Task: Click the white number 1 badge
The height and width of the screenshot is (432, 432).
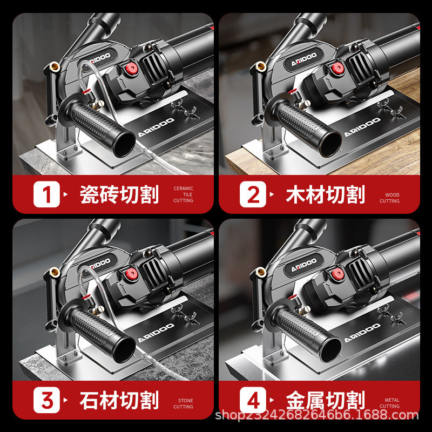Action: pyautogui.click(x=46, y=194)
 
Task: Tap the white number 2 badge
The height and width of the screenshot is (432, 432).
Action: pyautogui.click(x=253, y=194)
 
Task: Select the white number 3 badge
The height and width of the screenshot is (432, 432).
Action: pyautogui.click(x=46, y=400)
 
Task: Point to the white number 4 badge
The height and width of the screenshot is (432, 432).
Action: pyautogui.click(x=253, y=400)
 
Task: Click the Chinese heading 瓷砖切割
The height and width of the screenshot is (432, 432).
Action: pyautogui.click(x=119, y=194)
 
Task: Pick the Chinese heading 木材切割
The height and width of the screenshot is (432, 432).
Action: pyautogui.click(x=326, y=194)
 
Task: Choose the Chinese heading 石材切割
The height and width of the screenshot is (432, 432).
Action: pyautogui.click(x=119, y=400)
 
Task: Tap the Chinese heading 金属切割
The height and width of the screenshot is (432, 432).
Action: pyautogui.click(x=326, y=400)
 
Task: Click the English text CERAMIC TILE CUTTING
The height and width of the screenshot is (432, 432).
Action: pyautogui.click(x=183, y=194)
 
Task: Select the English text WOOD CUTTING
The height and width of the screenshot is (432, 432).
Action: pyautogui.click(x=389, y=198)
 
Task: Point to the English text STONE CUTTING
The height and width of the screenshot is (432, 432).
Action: pyautogui.click(x=183, y=403)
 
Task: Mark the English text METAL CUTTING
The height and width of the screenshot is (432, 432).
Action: pyautogui.click(x=389, y=403)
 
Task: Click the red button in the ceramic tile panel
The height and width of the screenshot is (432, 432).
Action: pyautogui.click(x=131, y=68)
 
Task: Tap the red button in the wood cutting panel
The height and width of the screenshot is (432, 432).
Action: pyautogui.click(x=337, y=68)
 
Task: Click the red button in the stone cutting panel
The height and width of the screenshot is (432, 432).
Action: pyautogui.click(x=131, y=274)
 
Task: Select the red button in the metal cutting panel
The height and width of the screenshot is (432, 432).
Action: pyautogui.click(x=337, y=274)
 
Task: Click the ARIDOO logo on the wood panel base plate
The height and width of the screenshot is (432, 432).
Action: pyautogui.click(x=362, y=127)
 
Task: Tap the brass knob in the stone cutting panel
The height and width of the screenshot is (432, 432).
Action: pyautogui.click(x=55, y=272)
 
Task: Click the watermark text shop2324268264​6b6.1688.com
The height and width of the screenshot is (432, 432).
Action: pyautogui.click(x=317, y=415)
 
